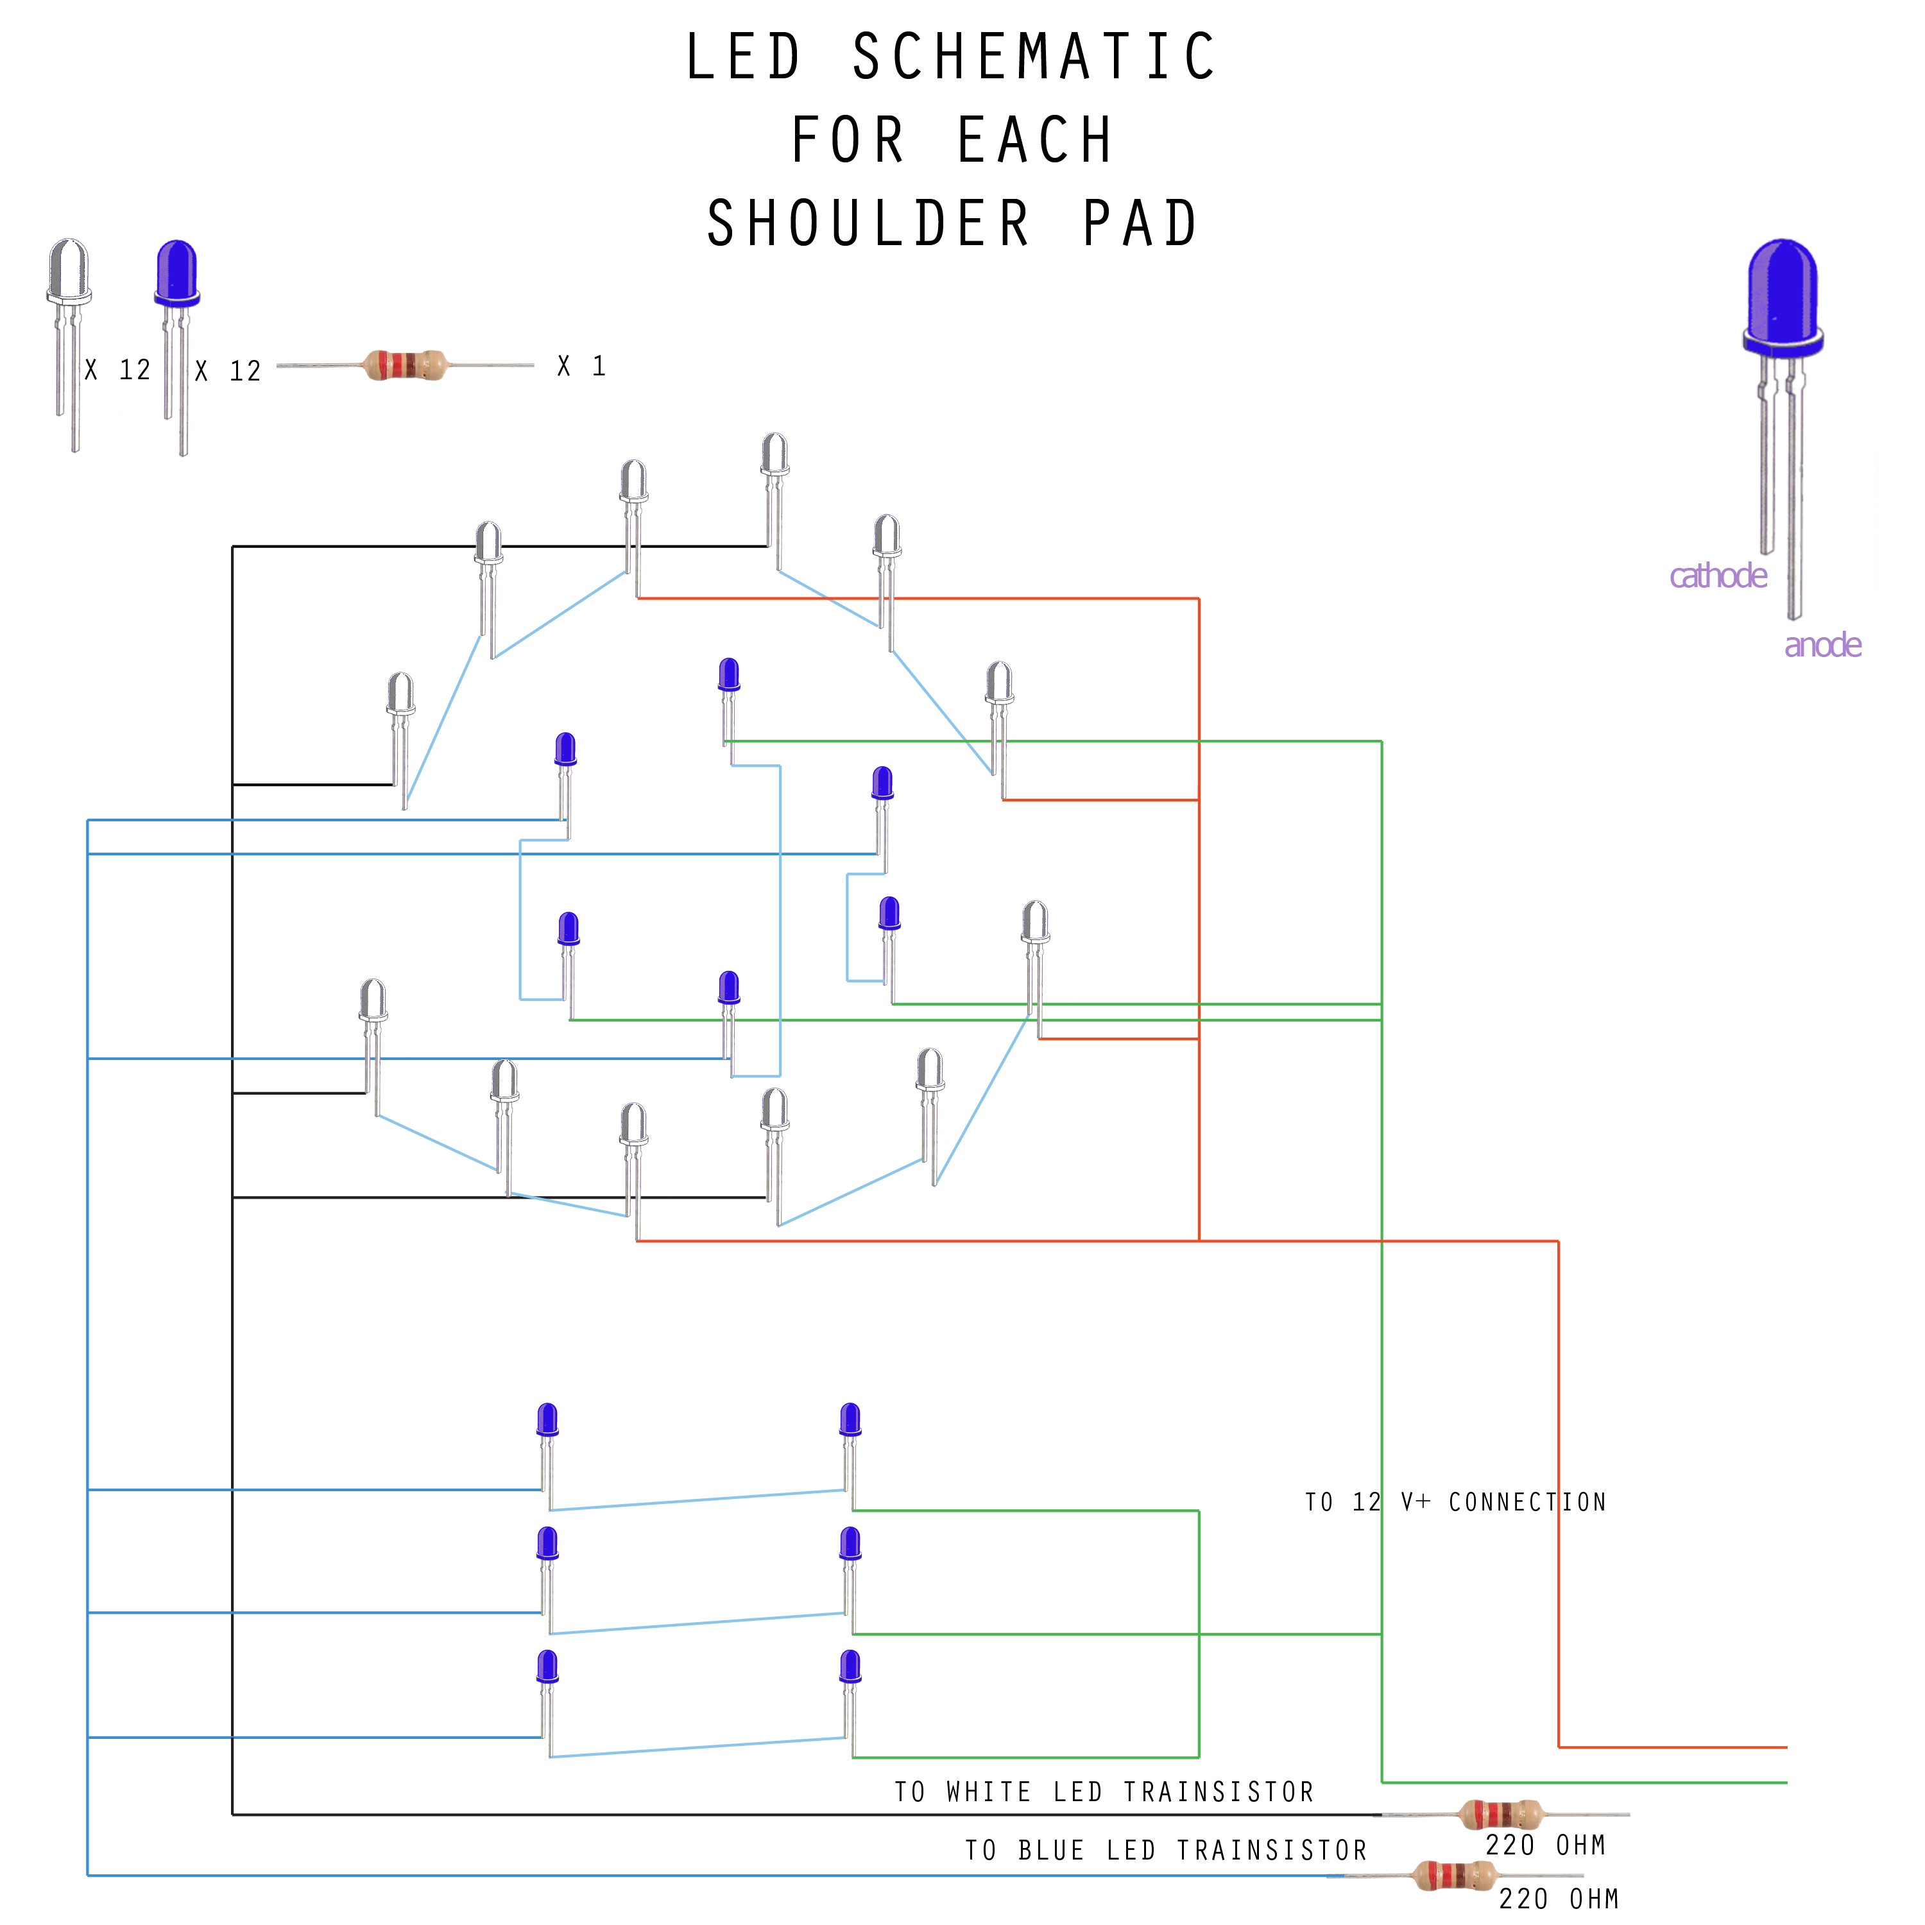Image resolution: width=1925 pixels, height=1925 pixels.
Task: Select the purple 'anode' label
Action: pyautogui.click(x=1822, y=646)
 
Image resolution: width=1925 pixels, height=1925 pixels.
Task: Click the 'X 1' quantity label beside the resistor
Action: pyautogui.click(x=582, y=366)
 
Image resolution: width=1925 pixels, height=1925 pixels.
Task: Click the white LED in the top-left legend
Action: pyautogui.click(x=69, y=274)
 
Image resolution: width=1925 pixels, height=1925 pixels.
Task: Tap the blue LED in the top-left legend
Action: pyautogui.click(x=177, y=274)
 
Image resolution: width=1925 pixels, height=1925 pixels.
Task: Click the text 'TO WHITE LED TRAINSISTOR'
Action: pyautogui.click(x=1104, y=1792)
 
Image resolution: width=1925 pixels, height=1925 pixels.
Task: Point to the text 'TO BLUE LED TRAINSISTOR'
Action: pyautogui.click(x=1166, y=1851)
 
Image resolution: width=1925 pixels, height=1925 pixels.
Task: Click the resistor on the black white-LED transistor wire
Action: pyautogui.click(x=1500, y=1815)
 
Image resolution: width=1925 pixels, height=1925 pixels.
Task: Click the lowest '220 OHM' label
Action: pyautogui.click(x=1559, y=1899)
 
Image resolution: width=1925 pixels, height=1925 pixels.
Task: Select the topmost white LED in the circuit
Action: pyautogui.click(x=774, y=456)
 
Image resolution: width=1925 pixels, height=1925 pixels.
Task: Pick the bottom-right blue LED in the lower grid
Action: pyautogui.click(x=850, y=1667)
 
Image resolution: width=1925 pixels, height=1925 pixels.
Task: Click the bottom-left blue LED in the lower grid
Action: pyautogui.click(x=547, y=1667)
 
